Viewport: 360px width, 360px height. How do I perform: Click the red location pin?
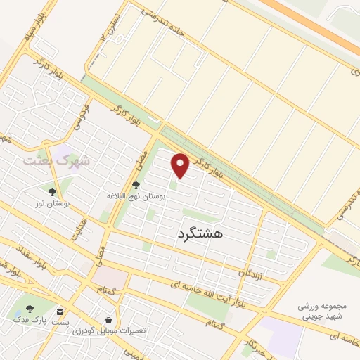[x=181, y=166]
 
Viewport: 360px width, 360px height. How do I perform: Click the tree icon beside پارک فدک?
[x=30, y=309]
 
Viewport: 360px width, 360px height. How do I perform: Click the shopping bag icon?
[x=108, y=319]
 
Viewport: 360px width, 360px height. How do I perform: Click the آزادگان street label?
[x=250, y=271]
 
